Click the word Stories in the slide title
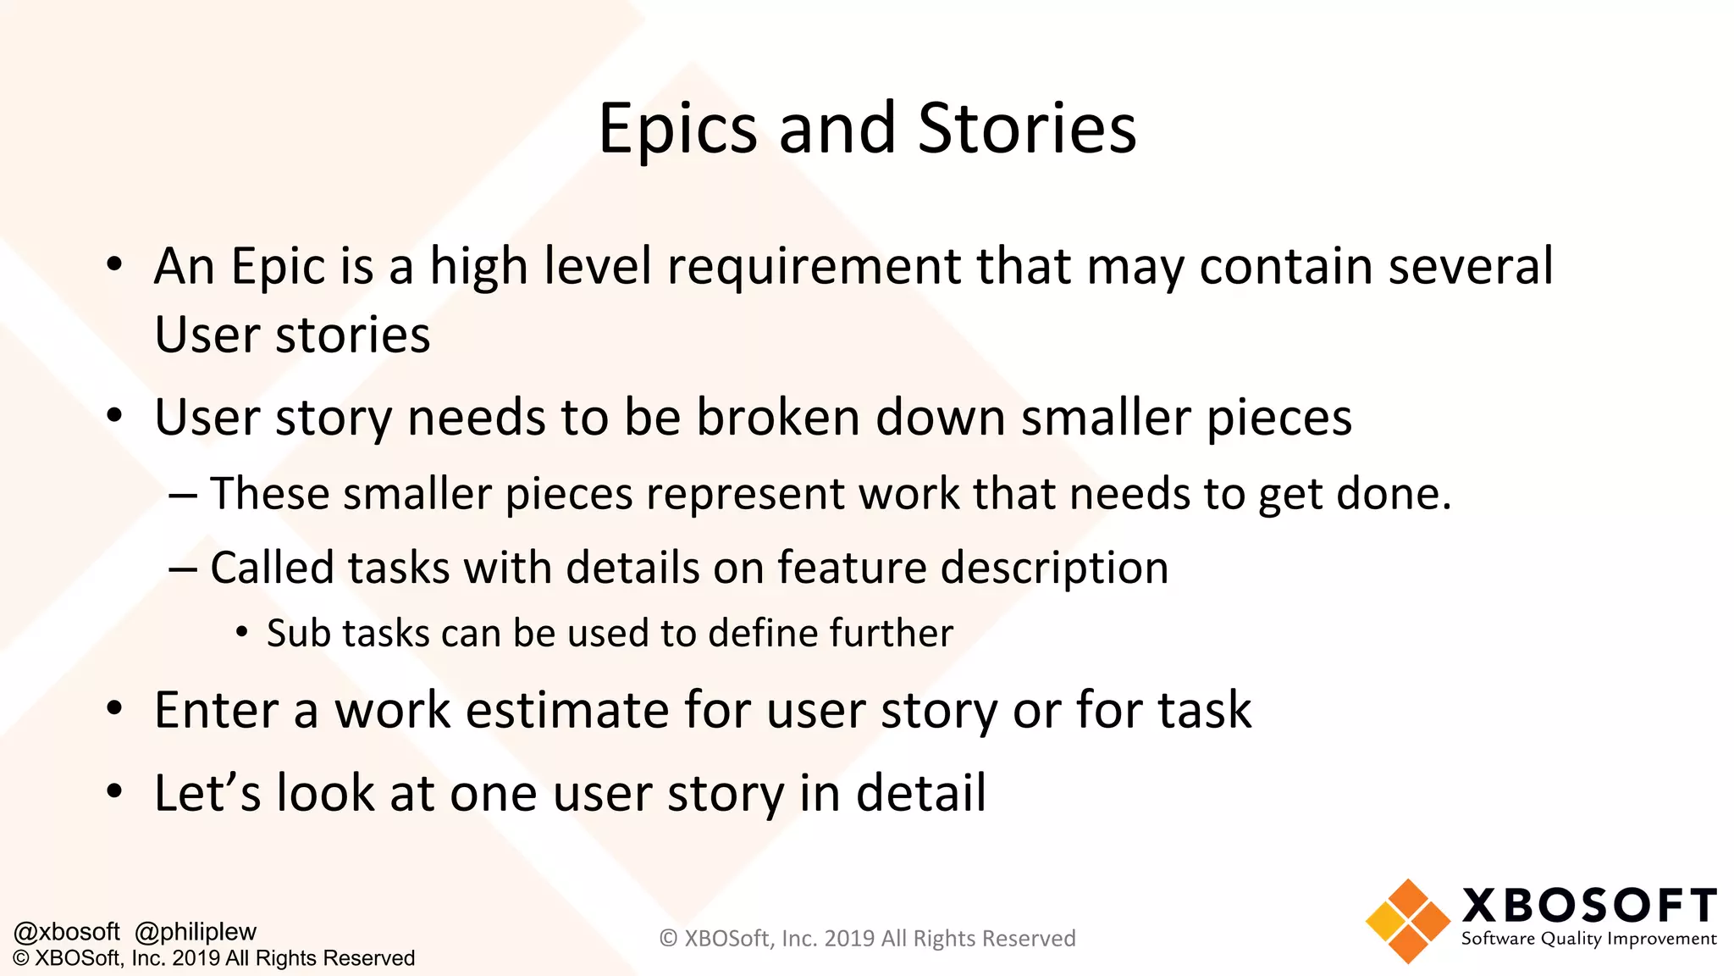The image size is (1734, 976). (x=1026, y=129)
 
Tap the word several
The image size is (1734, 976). (x=1471, y=267)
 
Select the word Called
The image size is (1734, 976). (x=271, y=568)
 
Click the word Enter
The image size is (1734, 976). (x=216, y=710)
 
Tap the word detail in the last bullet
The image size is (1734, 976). (x=921, y=793)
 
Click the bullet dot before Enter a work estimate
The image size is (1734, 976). (x=115, y=708)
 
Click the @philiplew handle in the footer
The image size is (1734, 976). (x=196, y=932)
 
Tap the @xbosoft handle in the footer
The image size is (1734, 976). (x=67, y=932)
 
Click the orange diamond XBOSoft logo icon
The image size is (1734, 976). (x=1407, y=921)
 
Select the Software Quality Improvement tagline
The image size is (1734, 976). (x=1588, y=939)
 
